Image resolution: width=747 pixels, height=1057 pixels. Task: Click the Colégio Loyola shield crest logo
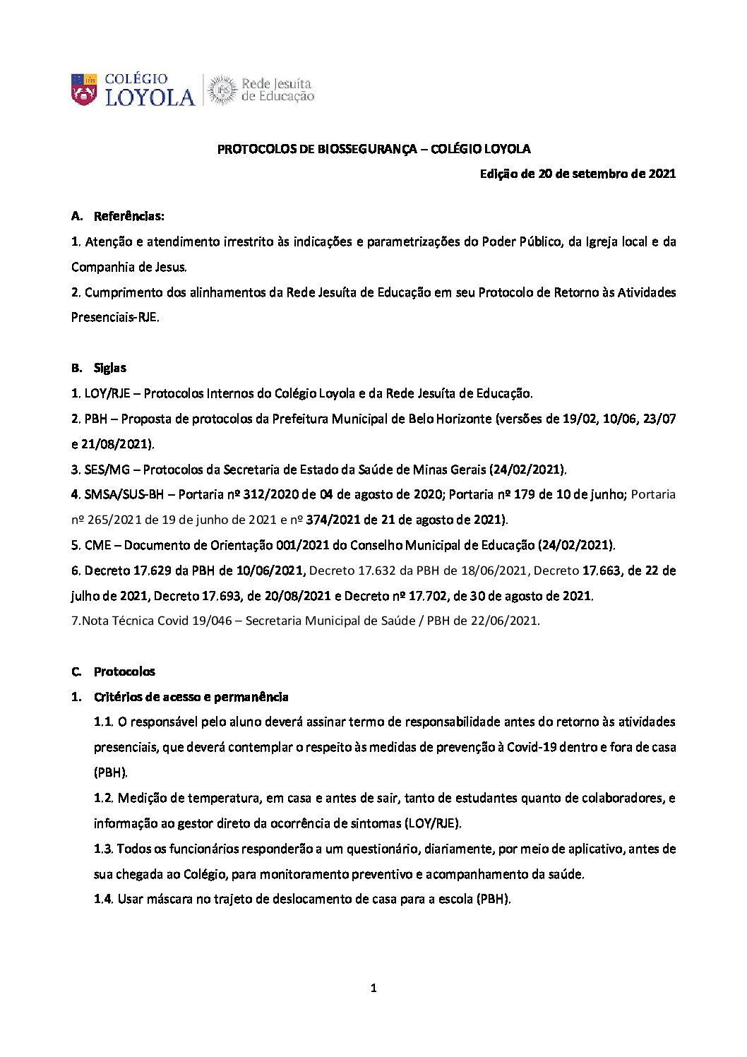click(x=84, y=90)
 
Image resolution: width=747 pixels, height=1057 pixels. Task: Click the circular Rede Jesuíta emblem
click(x=222, y=90)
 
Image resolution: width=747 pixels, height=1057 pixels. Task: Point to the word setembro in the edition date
click(x=592, y=174)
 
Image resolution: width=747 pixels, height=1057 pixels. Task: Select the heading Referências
click(x=129, y=216)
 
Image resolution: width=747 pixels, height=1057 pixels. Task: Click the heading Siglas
click(x=110, y=368)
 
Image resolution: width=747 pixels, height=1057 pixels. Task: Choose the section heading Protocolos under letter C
click(x=124, y=671)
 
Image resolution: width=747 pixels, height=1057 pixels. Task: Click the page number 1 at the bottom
click(x=373, y=989)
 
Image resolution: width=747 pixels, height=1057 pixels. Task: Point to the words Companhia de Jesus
click(x=129, y=267)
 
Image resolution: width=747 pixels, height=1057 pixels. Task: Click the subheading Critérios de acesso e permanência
click(x=191, y=697)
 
